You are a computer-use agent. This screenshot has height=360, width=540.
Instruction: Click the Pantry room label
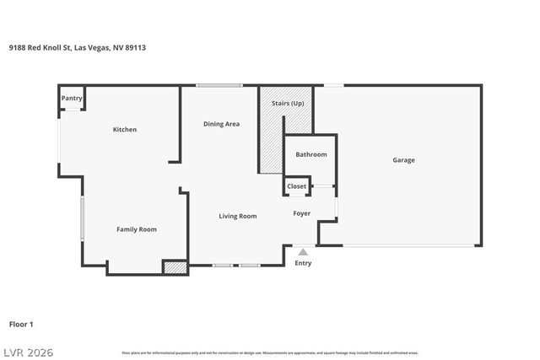72,98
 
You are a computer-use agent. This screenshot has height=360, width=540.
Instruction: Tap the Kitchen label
125,130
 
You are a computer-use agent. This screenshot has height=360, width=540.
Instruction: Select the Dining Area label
221,124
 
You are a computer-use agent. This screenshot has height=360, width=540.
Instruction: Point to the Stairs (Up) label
288,103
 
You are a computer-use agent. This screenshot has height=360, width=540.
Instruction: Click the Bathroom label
310,154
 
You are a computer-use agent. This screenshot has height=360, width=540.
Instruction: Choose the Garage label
403,160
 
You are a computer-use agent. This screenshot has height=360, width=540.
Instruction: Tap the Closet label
297,186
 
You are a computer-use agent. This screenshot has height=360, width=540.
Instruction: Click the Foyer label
302,213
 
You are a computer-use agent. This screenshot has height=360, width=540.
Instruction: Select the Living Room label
238,217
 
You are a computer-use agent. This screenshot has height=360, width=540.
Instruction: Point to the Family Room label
136,229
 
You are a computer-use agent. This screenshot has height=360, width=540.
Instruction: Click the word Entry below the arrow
303,263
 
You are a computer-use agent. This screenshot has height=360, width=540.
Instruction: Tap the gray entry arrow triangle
303,251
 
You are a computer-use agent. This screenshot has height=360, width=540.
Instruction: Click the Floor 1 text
21,324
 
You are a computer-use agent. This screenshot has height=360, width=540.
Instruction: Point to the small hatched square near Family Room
175,267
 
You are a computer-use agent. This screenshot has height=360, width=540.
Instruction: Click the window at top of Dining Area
219,85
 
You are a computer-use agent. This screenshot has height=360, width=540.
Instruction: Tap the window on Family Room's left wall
82,219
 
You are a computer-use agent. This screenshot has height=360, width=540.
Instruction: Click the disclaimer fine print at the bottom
269,352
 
